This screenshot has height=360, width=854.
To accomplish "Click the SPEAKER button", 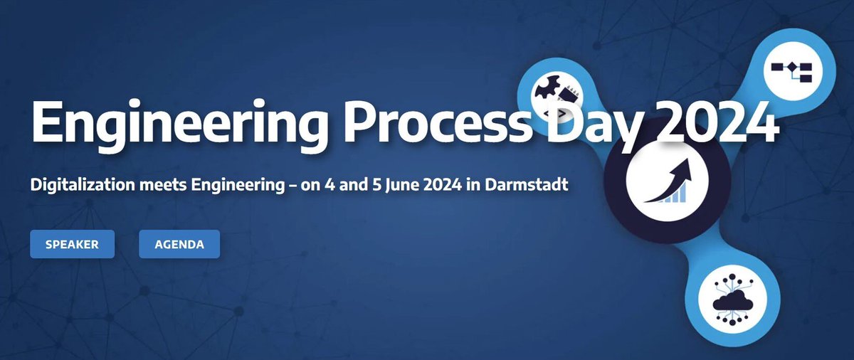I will pyautogui.click(x=72, y=245).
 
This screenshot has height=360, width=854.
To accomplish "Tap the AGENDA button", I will pyautogui.click(x=179, y=245).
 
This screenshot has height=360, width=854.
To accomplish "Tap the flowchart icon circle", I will pyautogui.click(x=796, y=69).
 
